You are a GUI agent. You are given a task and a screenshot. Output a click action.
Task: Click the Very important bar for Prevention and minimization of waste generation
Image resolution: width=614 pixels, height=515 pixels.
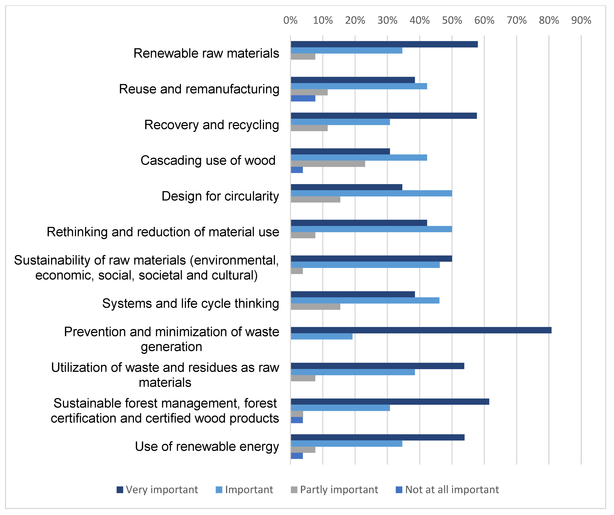pos(421,330)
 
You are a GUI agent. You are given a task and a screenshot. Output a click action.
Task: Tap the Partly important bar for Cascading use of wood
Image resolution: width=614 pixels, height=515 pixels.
pos(328,164)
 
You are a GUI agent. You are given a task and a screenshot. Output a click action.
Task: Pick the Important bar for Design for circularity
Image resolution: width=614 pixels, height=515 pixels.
pos(371,193)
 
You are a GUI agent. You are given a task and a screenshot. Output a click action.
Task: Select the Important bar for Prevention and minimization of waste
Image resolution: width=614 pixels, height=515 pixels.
pos(322,336)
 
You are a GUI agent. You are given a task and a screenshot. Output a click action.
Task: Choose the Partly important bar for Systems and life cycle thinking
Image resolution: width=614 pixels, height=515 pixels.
pos(316,307)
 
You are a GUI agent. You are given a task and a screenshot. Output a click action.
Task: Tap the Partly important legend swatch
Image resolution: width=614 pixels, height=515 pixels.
pos(294,490)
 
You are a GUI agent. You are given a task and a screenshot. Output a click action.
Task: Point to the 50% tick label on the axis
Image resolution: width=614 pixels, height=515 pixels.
pos(452,20)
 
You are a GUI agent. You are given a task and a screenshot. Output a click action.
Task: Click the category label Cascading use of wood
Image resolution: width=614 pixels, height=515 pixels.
pos(208,161)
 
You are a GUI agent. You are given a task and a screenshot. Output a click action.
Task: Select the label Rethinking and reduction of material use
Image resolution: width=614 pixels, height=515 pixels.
pos(163,232)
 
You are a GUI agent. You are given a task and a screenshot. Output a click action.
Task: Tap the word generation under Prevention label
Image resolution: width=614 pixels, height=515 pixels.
pos(171,347)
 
